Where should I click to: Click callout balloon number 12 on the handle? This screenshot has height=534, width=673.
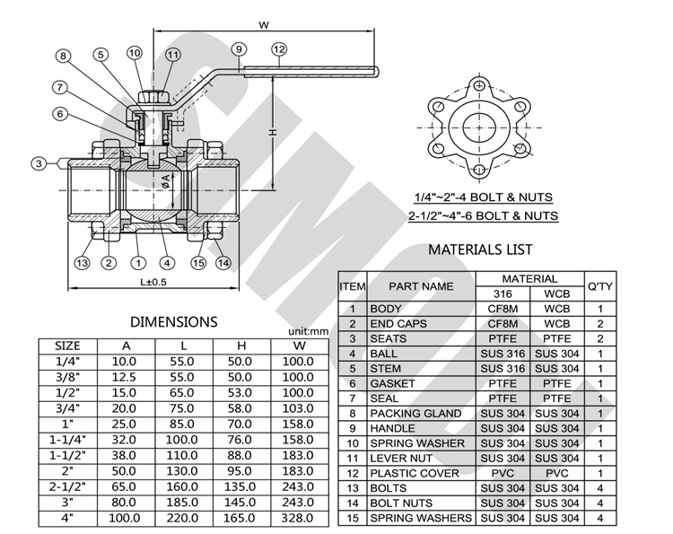point(279,49)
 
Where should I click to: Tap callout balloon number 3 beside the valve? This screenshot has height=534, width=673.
point(39,163)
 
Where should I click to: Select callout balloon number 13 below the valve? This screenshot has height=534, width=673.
point(82,263)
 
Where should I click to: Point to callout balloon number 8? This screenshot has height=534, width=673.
point(63,56)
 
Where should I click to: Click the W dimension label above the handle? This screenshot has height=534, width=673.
point(264,25)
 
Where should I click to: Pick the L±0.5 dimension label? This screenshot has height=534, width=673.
point(153,282)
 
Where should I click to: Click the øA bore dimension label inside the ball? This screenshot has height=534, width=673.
point(166,181)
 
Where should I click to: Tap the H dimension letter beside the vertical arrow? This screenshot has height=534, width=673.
point(273,133)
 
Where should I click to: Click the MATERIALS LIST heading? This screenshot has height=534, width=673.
point(480,249)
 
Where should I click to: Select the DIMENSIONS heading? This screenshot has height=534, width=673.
point(174,322)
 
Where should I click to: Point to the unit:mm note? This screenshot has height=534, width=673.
point(308,331)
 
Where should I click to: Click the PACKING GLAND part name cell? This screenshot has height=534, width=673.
point(415,414)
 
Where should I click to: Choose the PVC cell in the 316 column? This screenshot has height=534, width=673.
point(503,473)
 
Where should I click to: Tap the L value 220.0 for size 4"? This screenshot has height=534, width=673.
point(182,518)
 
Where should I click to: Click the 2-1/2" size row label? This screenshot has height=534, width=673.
point(67,486)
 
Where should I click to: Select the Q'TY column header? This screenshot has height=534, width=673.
point(600,286)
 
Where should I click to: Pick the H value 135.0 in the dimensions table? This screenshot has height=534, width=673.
point(240,486)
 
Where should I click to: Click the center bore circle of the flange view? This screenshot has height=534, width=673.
point(479,127)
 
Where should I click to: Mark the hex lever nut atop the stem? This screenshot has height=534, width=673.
point(153,96)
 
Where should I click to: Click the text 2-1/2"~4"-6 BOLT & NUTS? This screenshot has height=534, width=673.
point(483,215)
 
